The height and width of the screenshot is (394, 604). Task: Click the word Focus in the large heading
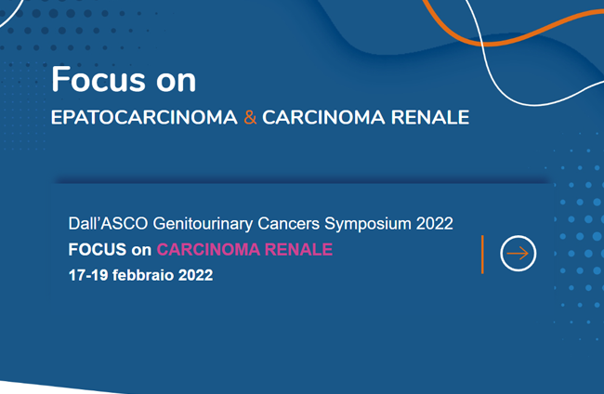pos(98,79)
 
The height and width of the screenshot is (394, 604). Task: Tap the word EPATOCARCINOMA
pos(144,117)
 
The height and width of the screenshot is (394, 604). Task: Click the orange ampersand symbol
pos(250,117)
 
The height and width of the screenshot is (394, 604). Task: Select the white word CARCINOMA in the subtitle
pos(323,117)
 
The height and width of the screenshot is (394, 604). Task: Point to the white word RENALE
pos(430,117)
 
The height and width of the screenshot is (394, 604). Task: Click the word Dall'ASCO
pos(108,224)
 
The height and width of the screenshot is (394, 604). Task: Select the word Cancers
pos(288,224)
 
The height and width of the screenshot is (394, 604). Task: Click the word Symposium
pos(367,224)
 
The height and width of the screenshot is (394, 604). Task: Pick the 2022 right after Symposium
pos(435,224)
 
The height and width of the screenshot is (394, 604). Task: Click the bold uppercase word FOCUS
pos(98,250)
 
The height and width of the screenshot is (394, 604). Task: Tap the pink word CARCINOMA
pos(208,250)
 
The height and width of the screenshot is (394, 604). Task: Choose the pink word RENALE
pos(298,250)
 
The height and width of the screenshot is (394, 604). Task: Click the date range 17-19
pos(88,275)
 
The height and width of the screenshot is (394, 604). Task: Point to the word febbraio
pos(143,275)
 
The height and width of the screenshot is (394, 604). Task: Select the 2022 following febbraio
pos(195,275)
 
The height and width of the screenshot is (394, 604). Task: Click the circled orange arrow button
pos(519,254)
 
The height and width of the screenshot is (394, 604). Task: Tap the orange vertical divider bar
pos(482,255)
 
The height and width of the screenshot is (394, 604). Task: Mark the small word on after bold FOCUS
pos(141,251)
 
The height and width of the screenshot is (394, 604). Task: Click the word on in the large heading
pos(176,82)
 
